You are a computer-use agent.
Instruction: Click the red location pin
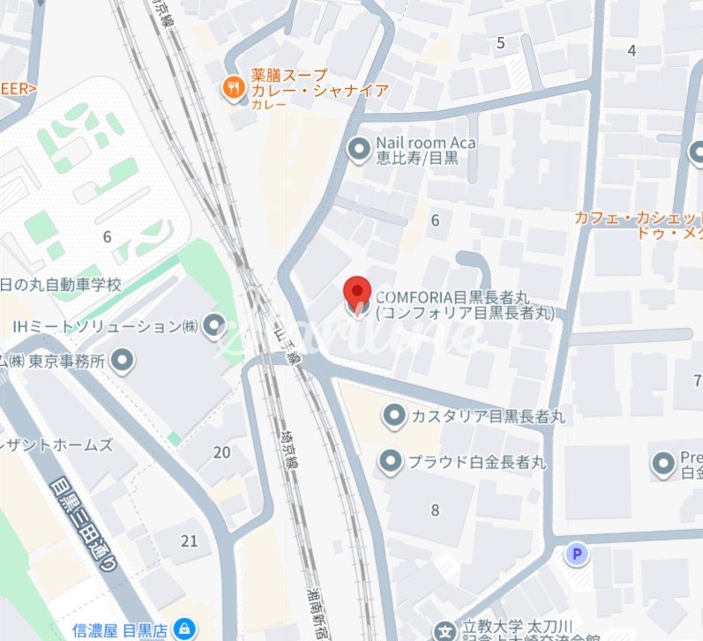click(x=356, y=294)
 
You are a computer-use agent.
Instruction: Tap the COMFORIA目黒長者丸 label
click(x=465, y=304)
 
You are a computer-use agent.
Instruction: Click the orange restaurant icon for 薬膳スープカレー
click(x=234, y=87)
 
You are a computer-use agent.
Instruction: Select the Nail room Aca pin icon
click(x=359, y=151)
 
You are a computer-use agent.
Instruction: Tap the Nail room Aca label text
click(x=425, y=151)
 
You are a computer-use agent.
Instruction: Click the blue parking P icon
click(x=578, y=554)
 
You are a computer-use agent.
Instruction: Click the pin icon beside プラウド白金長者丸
click(x=392, y=460)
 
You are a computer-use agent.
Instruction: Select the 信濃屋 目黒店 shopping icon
click(x=185, y=629)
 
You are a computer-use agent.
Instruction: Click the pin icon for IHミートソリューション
click(x=214, y=327)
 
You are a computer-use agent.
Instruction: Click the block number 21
click(x=189, y=540)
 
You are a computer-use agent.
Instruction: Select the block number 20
click(x=221, y=452)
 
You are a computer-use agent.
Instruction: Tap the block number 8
click(x=435, y=510)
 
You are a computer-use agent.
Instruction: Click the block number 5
click(x=501, y=42)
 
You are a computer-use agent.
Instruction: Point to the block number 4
click(x=632, y=50)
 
